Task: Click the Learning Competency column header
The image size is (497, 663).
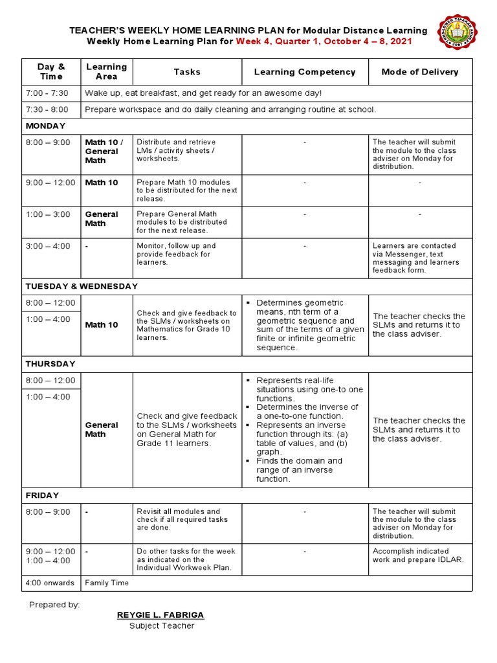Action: pos(305,72)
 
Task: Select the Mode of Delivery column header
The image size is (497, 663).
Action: pos(420,72)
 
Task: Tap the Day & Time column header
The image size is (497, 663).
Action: pos(51,72)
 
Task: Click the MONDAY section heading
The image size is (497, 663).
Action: pos(45,126)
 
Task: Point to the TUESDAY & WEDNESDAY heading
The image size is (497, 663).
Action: pos(82,286)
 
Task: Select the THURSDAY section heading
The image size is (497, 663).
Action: pos(50,364)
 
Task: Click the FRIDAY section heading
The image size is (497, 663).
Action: pos(42,495)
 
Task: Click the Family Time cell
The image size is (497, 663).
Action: pos(107,583)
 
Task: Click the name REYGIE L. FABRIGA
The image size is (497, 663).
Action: pos(160,614)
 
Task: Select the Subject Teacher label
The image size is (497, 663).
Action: pos(161,625)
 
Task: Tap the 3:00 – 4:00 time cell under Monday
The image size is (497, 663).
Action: pos(48,246)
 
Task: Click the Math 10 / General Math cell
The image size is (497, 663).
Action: pos(105,151)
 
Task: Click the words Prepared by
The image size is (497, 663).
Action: pos(54,605)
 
